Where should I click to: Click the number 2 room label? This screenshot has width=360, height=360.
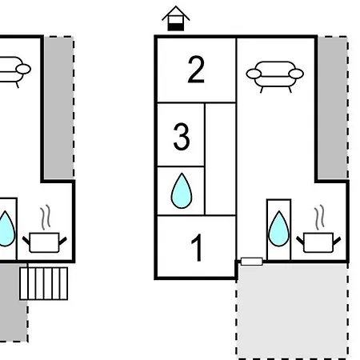[x=196, y=70]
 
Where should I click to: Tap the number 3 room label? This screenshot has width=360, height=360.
[x=182, y=137]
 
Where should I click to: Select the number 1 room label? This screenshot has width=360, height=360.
[x=197, y=247]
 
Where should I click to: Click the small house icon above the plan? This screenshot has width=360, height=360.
[x=176, y=18]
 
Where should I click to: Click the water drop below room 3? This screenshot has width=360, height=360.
[x=182, y=190]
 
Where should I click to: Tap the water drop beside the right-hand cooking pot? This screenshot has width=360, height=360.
[x=278, y=229]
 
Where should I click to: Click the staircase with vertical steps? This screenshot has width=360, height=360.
[x=44, y=283]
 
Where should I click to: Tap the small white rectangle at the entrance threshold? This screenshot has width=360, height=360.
[x=251, y=262]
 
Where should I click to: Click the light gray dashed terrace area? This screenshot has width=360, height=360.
[x=292, y=310]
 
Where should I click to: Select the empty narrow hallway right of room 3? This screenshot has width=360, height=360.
[x=220, y=159]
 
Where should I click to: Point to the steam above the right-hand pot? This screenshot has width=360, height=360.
[x=319, y=217]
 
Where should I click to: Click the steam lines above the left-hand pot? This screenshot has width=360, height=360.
[x=46, y=217]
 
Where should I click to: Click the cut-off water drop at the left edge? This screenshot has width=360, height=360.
[x=7, y=229]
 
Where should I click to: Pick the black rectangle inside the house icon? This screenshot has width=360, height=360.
[x=176, y=27]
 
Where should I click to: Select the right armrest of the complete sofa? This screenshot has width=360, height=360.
[x=296, y=74]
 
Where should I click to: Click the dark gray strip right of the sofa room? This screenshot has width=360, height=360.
[x=332, y=108]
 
